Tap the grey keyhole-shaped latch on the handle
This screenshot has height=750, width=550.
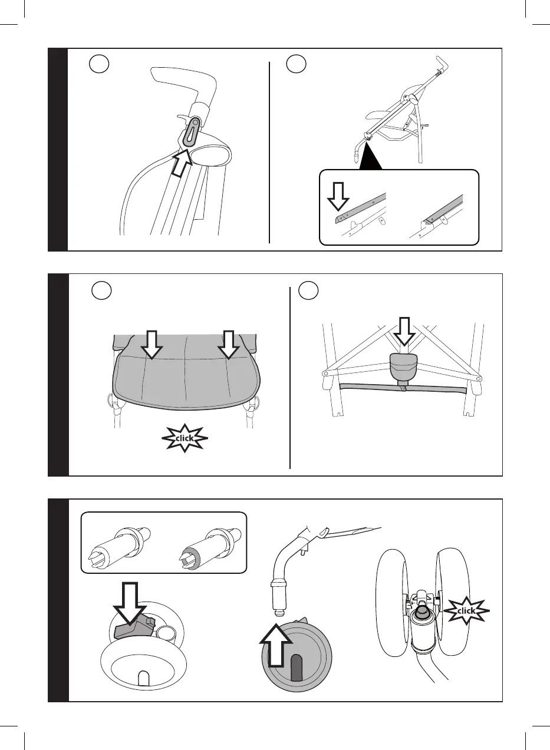[191, 131]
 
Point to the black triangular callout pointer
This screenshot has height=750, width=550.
[370, 156]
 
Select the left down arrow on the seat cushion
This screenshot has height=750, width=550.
[152, 345]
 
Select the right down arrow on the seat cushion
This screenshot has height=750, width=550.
[229, 345]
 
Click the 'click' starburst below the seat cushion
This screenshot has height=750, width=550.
[185, 438]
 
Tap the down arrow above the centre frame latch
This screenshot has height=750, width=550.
[404, 331]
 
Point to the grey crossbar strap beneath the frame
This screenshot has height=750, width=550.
[403, 389]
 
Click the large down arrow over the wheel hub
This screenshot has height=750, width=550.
[130, 604]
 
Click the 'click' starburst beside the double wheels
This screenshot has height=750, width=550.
[466, 611]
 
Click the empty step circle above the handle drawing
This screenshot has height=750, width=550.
[99, 64]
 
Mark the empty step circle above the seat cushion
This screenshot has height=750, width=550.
[101, 290]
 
